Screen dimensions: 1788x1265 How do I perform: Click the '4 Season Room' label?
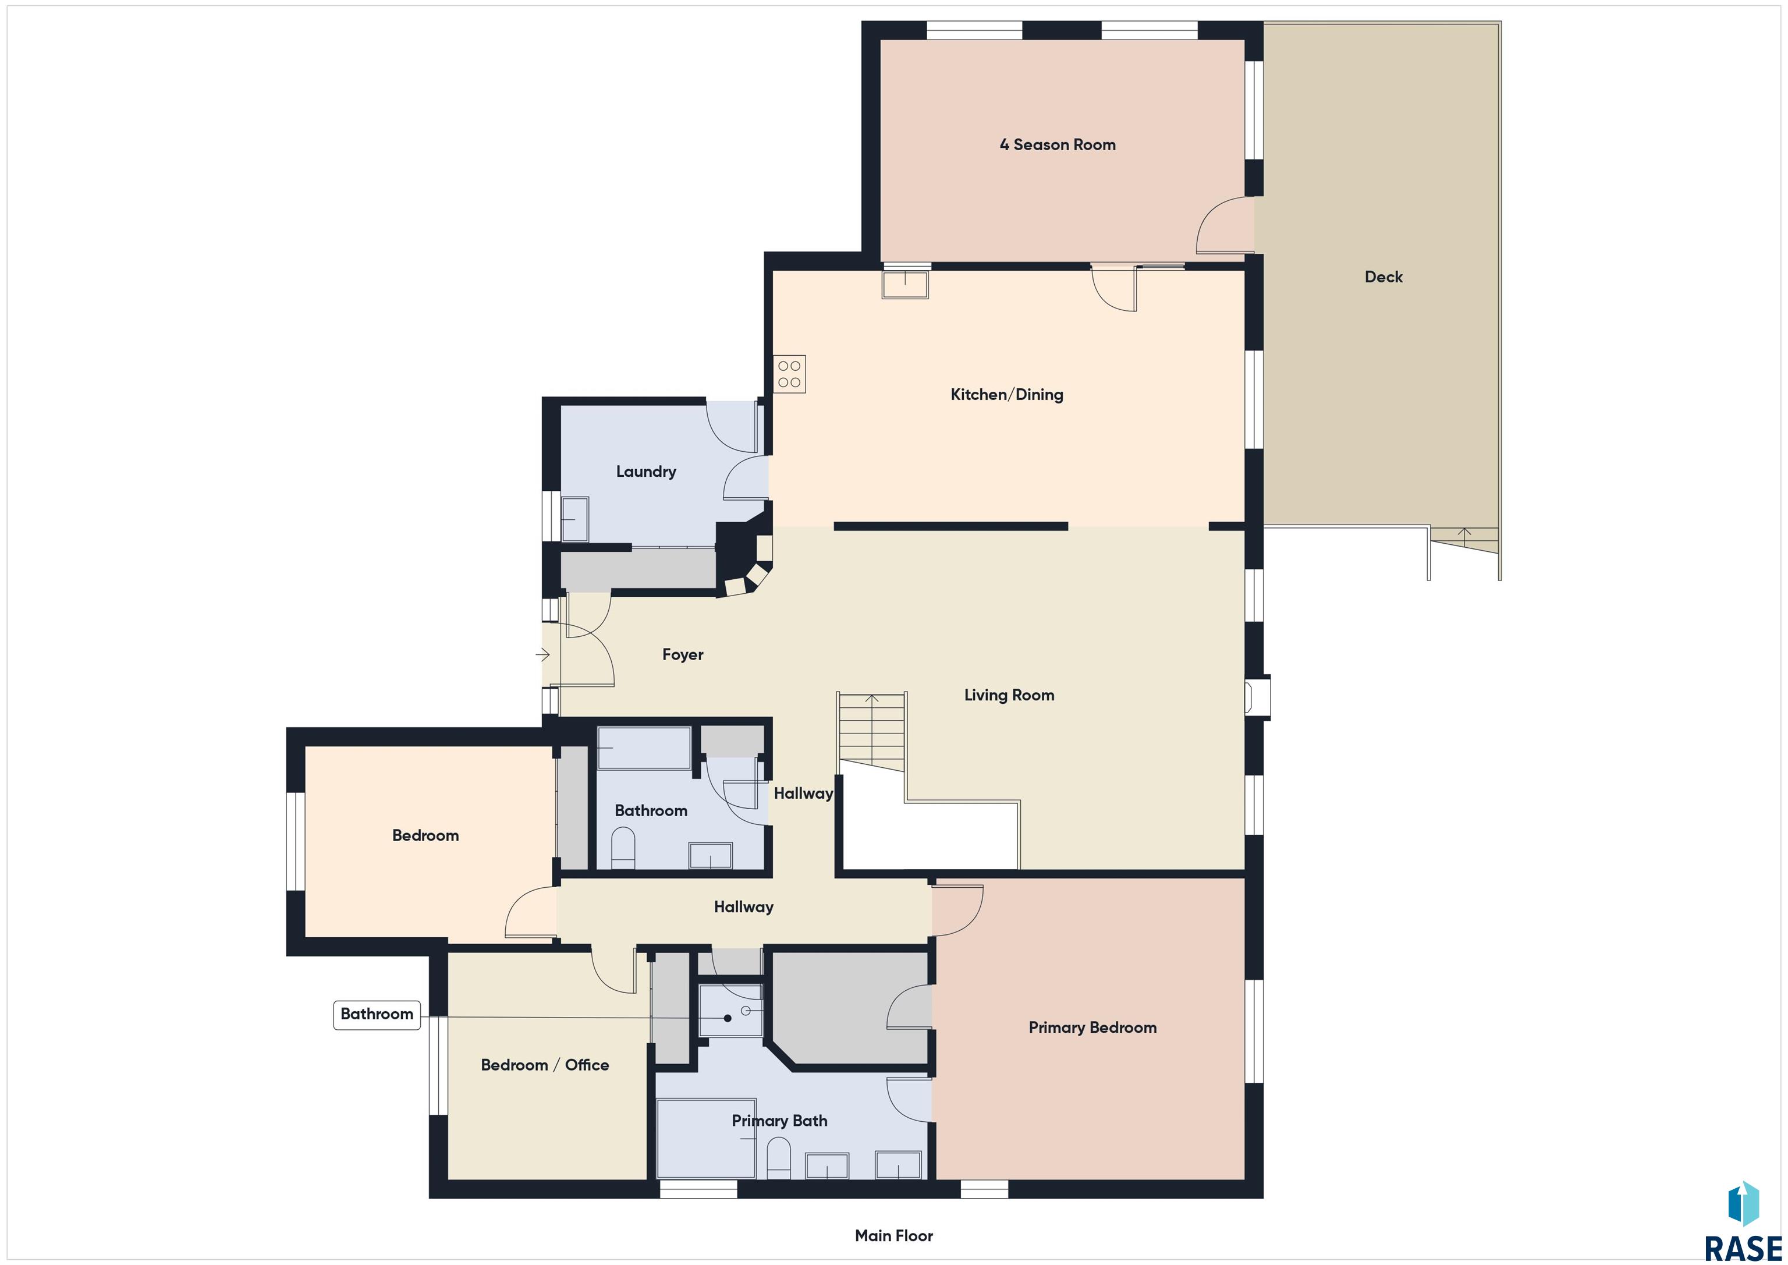point(1057,145)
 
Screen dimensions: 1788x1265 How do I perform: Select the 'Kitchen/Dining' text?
point(1006,394)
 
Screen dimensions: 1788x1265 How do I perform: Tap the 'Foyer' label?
point(682,654)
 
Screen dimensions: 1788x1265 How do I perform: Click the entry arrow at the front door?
point(543,654)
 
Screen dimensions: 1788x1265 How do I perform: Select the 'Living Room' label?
point(1009,695)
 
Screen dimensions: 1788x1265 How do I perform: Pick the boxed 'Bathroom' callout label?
point(377,1015)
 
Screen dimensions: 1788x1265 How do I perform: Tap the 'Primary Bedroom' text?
point(1092,1027)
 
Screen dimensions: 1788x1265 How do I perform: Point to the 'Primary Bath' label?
point(779,1121)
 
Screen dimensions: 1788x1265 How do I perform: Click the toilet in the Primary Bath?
point(779,1158)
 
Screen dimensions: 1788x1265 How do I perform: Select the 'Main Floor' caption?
point(893,1235)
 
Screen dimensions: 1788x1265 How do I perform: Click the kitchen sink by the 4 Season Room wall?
point(905,284)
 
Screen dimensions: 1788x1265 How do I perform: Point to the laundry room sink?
point(574,519)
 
